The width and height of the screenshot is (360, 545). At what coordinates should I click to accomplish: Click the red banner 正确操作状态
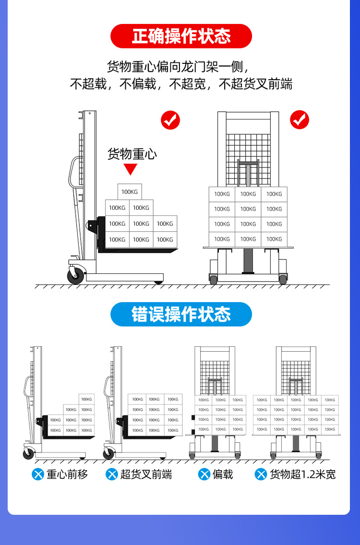[x=181, y=36]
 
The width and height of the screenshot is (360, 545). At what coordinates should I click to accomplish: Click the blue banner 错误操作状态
[x=181, y=314]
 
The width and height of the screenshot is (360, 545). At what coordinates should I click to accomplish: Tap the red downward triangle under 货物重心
[x=131, y=169]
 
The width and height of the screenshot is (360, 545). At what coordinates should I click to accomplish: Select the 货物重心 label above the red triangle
[x=132, y=154]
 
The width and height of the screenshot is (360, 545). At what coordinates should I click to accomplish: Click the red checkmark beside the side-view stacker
[x=170, y=119]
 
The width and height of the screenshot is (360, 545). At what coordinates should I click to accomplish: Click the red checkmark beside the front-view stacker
[x=300, y=119]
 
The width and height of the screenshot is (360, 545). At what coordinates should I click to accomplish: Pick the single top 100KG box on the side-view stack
[x=130, y=192]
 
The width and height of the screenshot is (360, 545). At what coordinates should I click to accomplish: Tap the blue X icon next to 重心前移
[x=38, y=474]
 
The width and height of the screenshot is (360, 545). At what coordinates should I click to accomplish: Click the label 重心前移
[x=67, y=474]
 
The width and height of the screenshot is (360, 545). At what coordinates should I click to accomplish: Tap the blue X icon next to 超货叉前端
[x=112, y=474]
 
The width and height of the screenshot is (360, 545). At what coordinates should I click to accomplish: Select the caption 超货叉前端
[x=146, y=474]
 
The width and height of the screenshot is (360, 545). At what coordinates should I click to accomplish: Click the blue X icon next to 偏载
[x=204, y=474]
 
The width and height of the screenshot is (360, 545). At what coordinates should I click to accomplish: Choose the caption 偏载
[x=223, y=474]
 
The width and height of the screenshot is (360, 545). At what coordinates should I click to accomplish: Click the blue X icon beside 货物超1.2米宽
[x=261, y=474]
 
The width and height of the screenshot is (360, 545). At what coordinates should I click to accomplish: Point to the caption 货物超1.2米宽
[x=302, y=474]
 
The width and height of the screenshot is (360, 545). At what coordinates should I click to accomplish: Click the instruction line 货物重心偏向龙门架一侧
[x=178, y=66]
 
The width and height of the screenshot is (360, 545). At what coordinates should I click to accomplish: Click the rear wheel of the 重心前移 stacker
[x=29, y=452]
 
